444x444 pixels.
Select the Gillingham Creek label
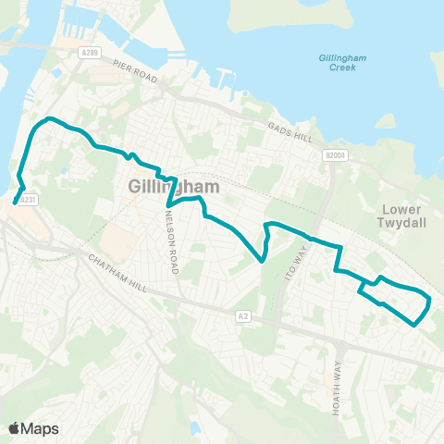click(x=343, y=64)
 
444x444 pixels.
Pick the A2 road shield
click(x=242, y=315)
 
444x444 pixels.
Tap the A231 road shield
click(x=30, y=198)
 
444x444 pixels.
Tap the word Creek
click(x=343, y=69)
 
